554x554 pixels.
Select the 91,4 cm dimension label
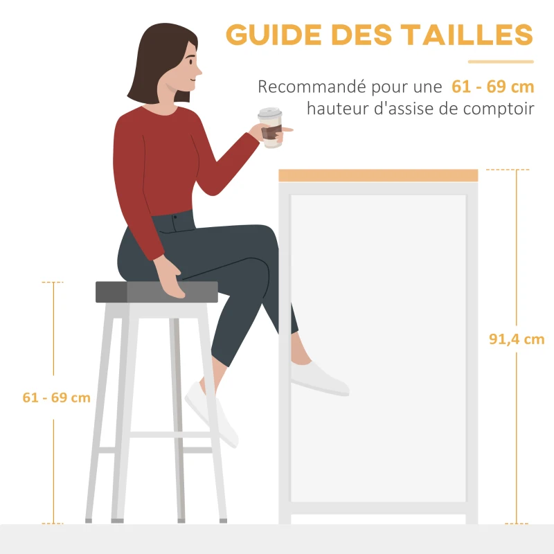point(517,339)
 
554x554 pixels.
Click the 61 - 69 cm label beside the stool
point(57,397)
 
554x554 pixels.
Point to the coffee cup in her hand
point(271,128)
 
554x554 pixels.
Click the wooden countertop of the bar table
point(378,175)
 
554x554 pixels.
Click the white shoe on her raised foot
point(319,377)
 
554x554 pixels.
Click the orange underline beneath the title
point(500,62)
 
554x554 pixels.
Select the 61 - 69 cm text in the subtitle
point(492,87)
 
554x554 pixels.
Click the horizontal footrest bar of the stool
point(170,435)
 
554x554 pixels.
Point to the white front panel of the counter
point(378,346)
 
